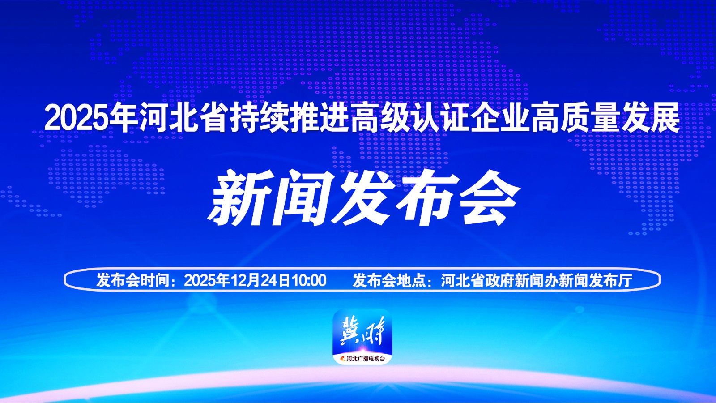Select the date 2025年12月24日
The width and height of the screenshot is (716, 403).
click(237, 280)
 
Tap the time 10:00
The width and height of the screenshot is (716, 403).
click(308, 280)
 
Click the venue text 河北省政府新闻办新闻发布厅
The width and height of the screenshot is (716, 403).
click(537, 280)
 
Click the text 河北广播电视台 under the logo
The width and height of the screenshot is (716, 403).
click(366, 359)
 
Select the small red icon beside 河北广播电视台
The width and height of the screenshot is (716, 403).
click(343, 359)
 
